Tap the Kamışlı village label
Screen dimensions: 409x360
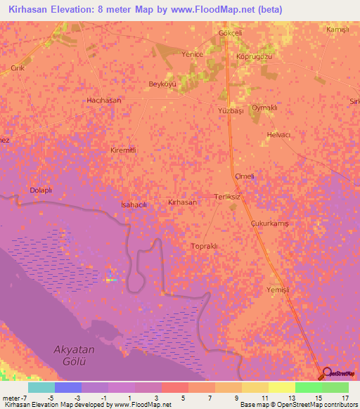[x=337, y=30]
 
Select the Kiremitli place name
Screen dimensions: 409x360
[x=122, y=150]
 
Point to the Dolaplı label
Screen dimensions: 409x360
[x=41, y=190]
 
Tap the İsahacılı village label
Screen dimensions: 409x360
[x=134, y=204]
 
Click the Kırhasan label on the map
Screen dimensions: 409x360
[x=182, y=202]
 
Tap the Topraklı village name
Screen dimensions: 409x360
[x=206, y=246]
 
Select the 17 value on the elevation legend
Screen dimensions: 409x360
[x=345, y=398]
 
